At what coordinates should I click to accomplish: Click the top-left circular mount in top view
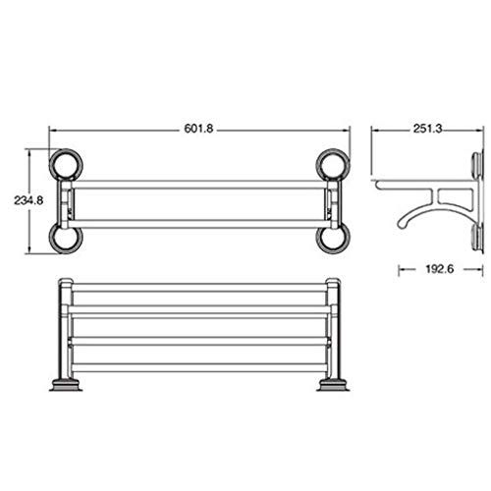tap(65, 163)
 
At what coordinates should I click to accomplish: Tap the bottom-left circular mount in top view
tap(65, 237)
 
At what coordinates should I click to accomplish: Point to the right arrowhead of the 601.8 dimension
tap(347, 129)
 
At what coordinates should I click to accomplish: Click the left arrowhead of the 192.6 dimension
tap(401, 268)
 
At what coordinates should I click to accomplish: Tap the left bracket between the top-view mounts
tap(70, 200)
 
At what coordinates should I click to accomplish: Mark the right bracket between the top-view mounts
tap(330, 200)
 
